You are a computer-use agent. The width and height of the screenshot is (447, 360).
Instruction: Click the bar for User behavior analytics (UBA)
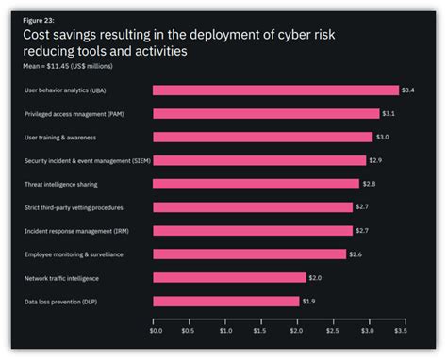275,90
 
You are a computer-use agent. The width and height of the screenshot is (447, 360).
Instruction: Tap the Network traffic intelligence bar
229,278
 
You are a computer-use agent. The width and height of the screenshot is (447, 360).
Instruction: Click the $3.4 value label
407,90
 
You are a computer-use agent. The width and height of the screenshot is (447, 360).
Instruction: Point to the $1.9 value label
308,302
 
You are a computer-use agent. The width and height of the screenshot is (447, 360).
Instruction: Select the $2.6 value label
356,254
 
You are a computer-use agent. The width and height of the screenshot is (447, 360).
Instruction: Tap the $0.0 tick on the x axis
156,330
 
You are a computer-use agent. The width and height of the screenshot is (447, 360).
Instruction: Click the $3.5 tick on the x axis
401,330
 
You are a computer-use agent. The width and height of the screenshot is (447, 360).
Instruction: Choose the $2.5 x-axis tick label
331,330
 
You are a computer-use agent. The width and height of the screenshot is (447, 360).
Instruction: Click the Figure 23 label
38,20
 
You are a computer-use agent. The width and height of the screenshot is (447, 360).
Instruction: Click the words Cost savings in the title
58,36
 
